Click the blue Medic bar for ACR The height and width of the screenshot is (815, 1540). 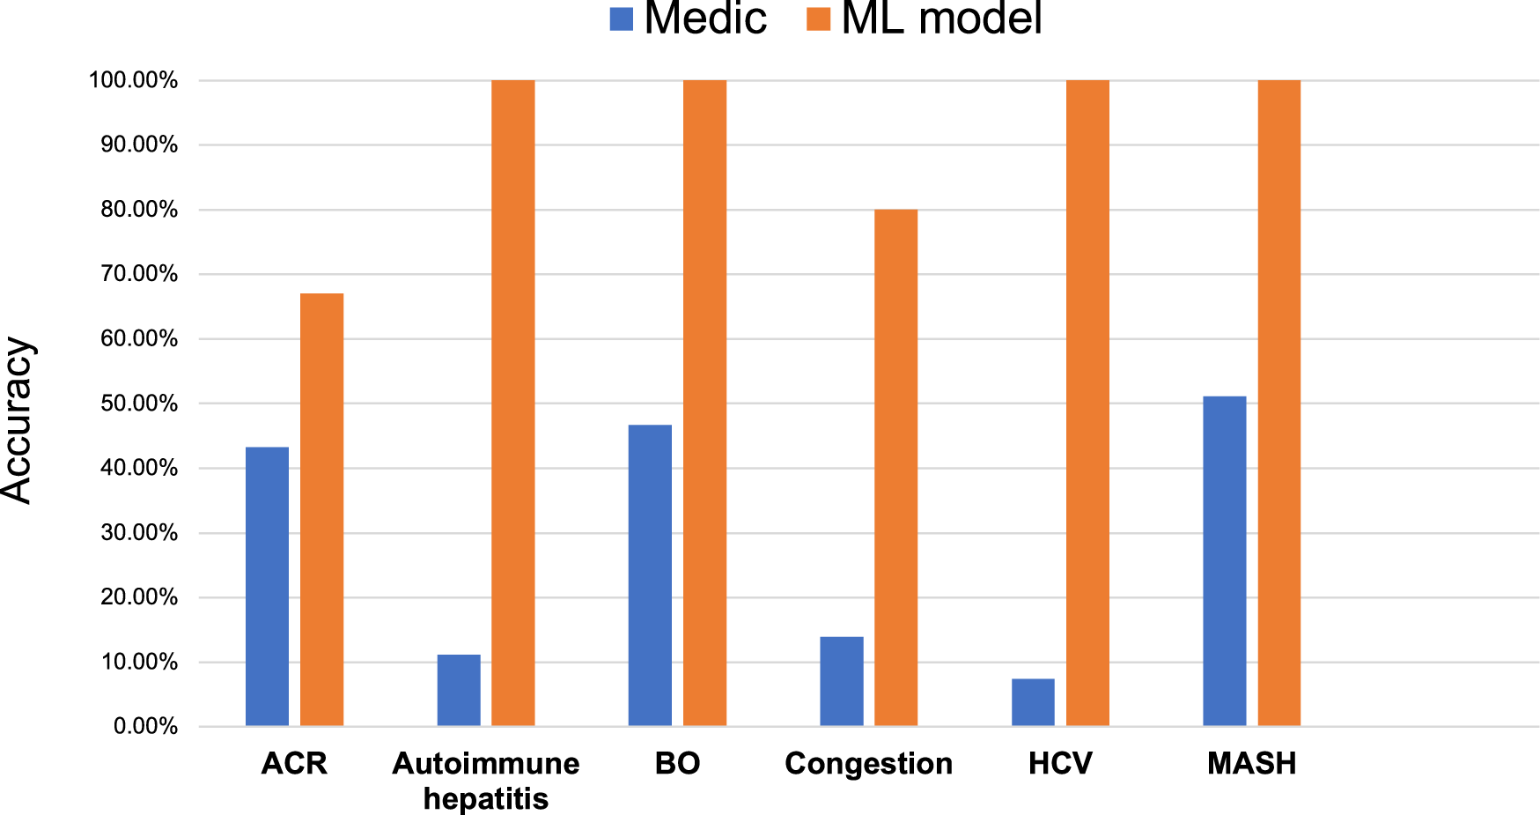click(x=267, y=586)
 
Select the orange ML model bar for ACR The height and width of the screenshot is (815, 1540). click(x=321, y=509)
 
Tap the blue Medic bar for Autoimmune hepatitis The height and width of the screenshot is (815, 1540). click(x=459, y=690)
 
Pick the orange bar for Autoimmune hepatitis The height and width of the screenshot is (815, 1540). click(x=513, y=403)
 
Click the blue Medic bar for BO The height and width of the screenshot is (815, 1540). click(x=650, y=575)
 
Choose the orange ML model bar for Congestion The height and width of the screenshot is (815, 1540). click(x=895, y=467)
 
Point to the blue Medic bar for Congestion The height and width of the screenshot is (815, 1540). click(x=841, y=681)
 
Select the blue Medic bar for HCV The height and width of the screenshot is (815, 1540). click(x=1033, y=702)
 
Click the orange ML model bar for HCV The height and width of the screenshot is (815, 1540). click(x=1087, y=403)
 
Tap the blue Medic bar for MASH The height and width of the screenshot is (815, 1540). click(x=1225, y=561)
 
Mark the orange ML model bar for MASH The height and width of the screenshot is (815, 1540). click(x=1278, y=403)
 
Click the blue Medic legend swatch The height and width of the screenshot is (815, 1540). click(x=621, y=19)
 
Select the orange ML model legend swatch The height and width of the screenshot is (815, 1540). click(x=818, y=19)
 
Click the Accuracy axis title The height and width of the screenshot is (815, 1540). click(x=18, y=420)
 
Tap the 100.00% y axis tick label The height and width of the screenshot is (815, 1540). click(x=133, y=80)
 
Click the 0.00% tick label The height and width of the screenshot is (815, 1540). click(x=145, y=727)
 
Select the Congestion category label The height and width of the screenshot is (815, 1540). click(x=868, y=763)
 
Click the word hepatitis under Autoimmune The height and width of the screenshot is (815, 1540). click(x=485, y=798)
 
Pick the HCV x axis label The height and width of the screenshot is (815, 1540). click(x=1060, y=763)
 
